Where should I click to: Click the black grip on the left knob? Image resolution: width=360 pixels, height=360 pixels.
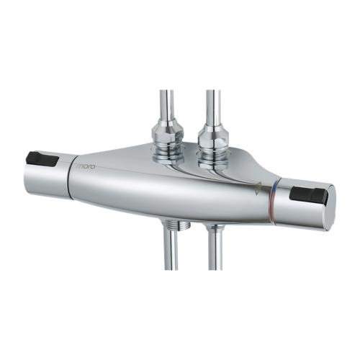click(41, 159)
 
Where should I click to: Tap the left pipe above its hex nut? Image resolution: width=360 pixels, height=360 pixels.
click(166, 104)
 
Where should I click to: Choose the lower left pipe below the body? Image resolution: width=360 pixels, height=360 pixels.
click(171, 252)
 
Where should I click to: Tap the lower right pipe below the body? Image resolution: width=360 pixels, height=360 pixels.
click(215, 252)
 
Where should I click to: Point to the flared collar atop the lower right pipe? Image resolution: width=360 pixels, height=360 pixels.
click(215, 229)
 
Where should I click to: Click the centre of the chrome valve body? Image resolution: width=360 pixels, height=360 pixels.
click(173, 187)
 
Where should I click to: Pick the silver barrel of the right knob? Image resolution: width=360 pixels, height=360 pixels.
click(299, 209)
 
